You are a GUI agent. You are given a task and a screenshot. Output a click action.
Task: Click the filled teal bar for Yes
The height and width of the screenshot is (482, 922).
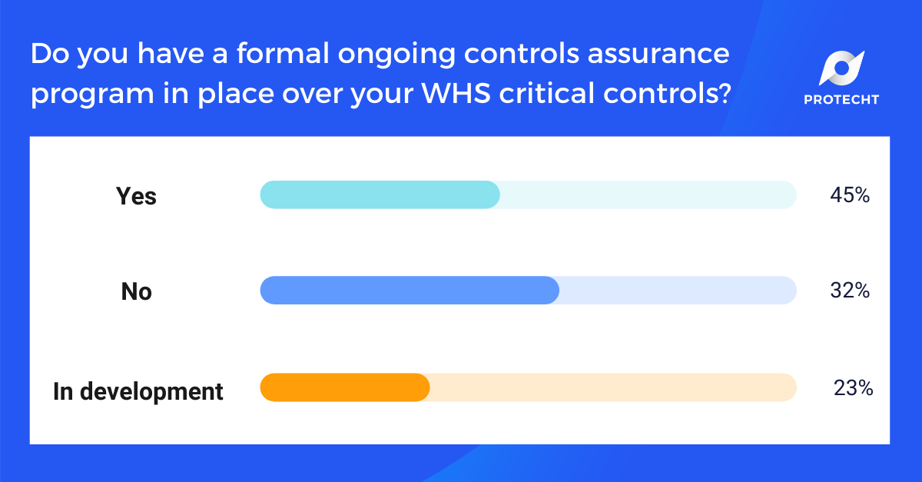click(380, 195)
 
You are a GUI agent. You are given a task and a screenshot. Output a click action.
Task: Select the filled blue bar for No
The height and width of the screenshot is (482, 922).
click(410, 291)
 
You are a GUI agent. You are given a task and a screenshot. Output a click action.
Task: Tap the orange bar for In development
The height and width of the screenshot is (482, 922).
click(345, 387)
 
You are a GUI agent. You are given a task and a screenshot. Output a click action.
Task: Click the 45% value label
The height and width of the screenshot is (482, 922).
click(849, 196)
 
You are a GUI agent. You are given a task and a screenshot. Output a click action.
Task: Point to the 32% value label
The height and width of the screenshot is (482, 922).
click(849, 291)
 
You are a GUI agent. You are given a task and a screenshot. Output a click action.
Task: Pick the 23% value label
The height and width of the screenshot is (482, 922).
click(853, 388)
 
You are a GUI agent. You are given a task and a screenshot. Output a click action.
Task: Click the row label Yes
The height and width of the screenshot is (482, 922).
click(136, 196)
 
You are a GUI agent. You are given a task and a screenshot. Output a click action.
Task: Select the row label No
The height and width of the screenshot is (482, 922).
click(136, 292)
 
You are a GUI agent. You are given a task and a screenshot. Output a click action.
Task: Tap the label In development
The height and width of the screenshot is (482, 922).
click(138, 391)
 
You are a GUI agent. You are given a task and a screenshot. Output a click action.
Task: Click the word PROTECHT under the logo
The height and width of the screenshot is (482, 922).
click(841, 99)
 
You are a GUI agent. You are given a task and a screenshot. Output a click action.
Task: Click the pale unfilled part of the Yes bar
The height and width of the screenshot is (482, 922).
click(648, 195)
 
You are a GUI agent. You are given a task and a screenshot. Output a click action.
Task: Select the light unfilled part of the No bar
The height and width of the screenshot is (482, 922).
click(677, 291)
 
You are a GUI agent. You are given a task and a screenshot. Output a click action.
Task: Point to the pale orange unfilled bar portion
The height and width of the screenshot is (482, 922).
click(612, 387)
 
